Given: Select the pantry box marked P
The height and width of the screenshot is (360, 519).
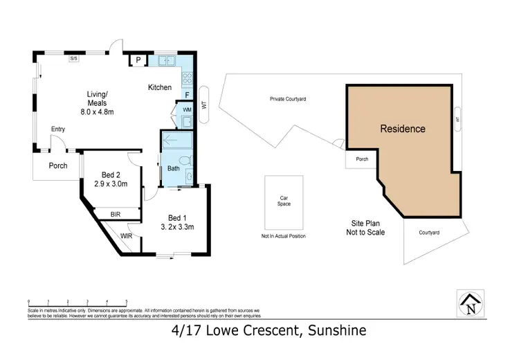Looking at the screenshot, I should tap(138, 61).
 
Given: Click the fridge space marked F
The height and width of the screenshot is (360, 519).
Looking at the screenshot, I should tap(186, 95).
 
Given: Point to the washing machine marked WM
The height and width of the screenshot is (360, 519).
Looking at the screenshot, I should tap(187, 109).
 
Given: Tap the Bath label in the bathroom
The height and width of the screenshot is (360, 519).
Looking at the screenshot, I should tap(173, 168).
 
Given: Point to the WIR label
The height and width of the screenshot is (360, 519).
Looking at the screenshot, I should tap(126, 236).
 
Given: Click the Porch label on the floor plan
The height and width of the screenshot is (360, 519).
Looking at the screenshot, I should tap(57, 166).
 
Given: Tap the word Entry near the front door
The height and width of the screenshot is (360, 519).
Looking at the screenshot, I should tap(57, 129).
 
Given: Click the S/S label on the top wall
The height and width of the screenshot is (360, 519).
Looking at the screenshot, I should tap(73, 58).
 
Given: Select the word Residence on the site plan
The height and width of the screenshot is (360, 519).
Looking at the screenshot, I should tap(402, 129).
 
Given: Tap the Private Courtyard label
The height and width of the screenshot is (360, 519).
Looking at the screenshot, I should tap(288, 99).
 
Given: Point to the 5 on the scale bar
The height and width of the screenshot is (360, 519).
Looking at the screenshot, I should tap(127, 301).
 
